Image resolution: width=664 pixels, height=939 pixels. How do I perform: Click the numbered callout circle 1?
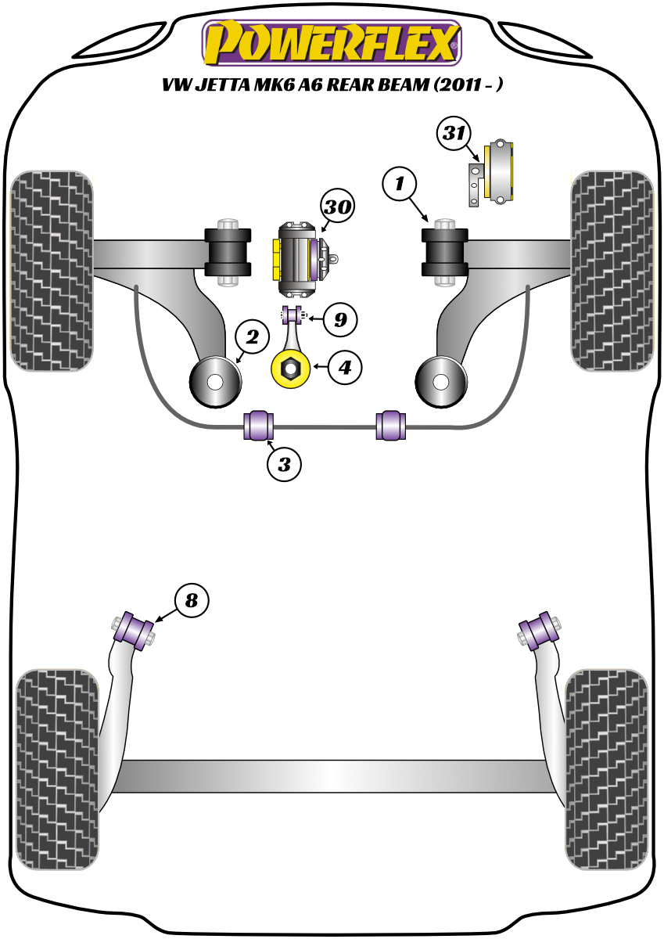400,185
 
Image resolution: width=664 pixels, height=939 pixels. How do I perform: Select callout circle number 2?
252,338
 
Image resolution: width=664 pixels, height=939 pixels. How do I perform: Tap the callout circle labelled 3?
284,465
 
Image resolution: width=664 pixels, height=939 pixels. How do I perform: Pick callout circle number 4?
345,365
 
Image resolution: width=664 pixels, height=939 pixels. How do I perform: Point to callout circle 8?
192,601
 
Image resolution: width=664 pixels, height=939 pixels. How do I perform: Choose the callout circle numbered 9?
339,318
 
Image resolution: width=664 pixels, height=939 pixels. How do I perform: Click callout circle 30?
337,207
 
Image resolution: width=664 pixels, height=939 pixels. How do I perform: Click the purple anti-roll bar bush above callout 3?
258,425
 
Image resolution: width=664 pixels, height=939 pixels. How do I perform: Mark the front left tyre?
52,270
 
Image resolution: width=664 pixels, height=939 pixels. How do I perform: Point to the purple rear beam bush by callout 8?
134,631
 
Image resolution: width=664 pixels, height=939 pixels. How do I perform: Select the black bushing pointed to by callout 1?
444,253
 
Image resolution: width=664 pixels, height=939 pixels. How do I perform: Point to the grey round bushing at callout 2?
216,382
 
